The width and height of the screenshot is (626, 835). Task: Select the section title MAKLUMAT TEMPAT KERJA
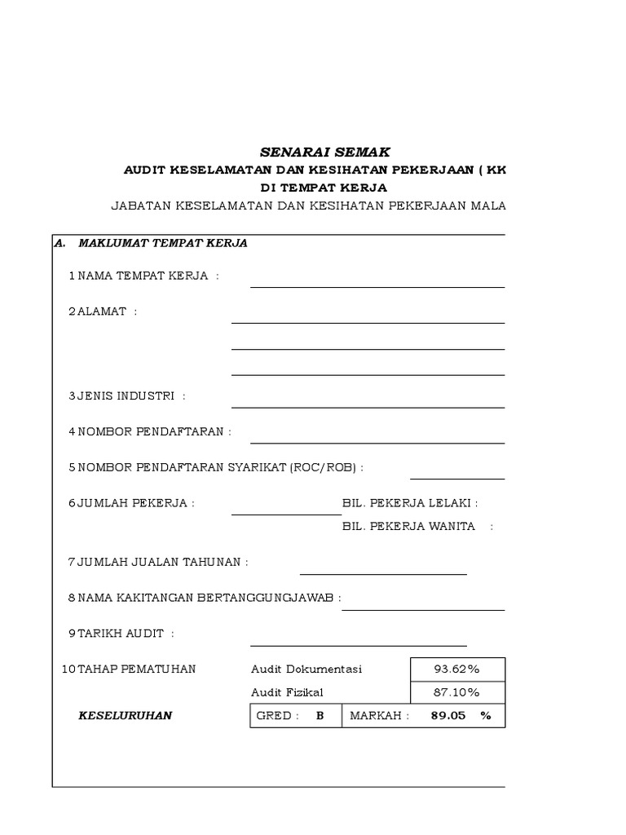click(163, 243)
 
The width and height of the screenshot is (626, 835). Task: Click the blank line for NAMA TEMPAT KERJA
click(377, 285)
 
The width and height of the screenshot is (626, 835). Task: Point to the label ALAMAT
click(102, 311)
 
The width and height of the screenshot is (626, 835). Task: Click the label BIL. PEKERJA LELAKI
click(410, 503)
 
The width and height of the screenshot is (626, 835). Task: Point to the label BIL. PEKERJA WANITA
click(408, 526)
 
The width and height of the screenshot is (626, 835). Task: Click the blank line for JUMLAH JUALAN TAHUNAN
click(383, 572)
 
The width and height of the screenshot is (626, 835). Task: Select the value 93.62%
click(456, 669)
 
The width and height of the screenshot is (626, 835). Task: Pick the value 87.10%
click(456, 692)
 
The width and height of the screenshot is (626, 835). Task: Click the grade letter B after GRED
click(320, 716)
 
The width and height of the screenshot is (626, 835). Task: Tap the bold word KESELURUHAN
click(125, 716)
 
